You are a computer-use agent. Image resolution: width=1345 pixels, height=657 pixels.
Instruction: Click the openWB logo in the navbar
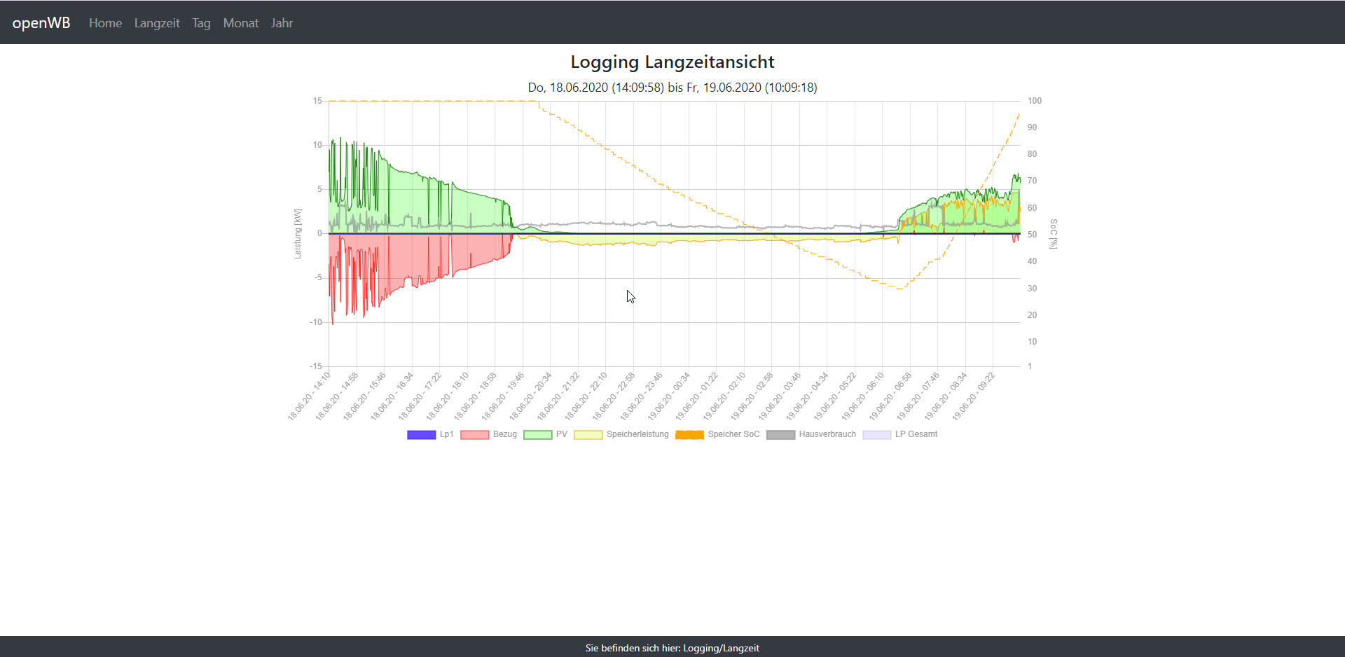tap(41, 22)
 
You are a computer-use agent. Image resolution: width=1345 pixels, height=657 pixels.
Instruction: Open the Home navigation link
tap(105, 23)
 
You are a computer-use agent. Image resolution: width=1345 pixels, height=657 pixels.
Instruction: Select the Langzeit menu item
tap(157, 23)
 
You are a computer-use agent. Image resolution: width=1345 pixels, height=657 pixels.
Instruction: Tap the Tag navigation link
tap(201, 23)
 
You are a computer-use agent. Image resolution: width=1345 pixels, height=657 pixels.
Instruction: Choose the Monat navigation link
tap(241, 23)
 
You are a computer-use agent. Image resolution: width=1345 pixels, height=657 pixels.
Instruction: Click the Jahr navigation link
tap(282, 23)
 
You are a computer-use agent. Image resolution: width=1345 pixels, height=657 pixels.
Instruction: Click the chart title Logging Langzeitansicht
tap(672, 62)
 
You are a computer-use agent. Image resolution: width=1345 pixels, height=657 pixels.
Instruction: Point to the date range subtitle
tap(672, 88)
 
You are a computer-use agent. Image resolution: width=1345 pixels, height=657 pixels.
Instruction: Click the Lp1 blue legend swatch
tap(421, 435)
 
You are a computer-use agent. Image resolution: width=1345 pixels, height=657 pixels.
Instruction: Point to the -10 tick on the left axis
tap(316, 322)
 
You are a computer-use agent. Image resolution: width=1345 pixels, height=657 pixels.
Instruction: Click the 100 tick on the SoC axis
tap(1034, 101)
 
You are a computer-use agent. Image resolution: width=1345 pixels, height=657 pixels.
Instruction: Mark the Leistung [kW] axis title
tap(298, 234)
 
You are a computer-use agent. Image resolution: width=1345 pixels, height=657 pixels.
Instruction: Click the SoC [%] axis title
tap(1053, 234)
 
